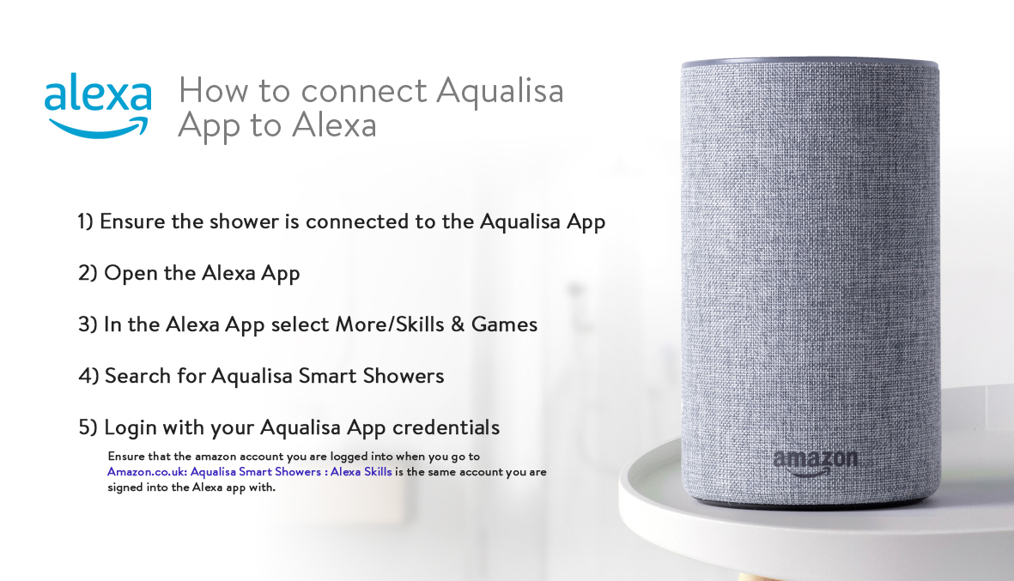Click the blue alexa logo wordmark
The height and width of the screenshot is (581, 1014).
pos(98,93)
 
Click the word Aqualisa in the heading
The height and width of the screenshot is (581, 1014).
pos(500,90)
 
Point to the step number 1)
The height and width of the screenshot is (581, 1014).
pos(85,221)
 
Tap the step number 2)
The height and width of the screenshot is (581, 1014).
pos(88,273)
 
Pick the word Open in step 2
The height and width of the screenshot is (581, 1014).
pos(131,274)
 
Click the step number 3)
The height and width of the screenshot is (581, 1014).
pos(88,324)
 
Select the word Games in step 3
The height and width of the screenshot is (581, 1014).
pos(504,324)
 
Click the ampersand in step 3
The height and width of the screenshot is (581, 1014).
pos(458,324)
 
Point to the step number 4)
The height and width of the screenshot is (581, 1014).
pos(88,376)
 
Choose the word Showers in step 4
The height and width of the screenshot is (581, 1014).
pos(404,376)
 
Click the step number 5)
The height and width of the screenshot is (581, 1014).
pos(88,427)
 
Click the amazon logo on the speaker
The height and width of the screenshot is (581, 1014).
pos(816,462)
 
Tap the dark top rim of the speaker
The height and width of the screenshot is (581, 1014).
pos(810,64)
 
